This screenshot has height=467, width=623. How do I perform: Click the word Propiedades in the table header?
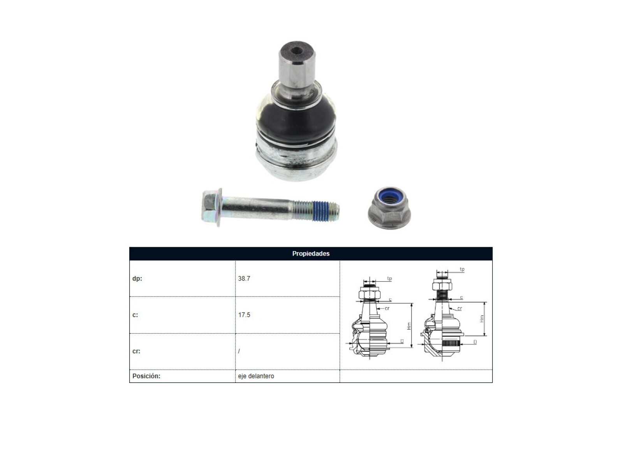311,253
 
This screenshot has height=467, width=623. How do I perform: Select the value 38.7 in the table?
244,278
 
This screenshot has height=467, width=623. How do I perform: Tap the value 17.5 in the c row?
244,315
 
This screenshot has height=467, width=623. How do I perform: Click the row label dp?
137,278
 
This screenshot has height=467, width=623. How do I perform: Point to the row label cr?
136,351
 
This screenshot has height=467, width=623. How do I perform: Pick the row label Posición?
146,376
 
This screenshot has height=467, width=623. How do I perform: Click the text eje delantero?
256,376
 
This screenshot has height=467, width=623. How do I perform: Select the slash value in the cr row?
239,351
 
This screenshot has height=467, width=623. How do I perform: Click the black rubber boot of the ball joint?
296,119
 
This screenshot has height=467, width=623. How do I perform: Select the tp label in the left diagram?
389,279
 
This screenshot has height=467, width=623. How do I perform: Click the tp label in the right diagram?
462,269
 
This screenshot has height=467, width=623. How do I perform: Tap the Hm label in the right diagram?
482,319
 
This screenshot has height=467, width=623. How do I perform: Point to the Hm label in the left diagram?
409,326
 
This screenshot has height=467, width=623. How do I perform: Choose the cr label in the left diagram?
387,308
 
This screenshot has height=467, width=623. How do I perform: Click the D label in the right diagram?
475,342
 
